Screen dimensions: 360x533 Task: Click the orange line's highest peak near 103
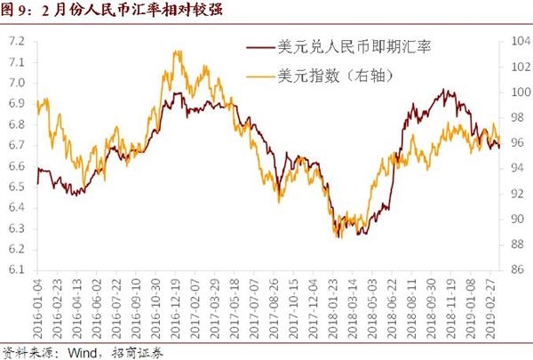pyautogui.click(x=179, y=52)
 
